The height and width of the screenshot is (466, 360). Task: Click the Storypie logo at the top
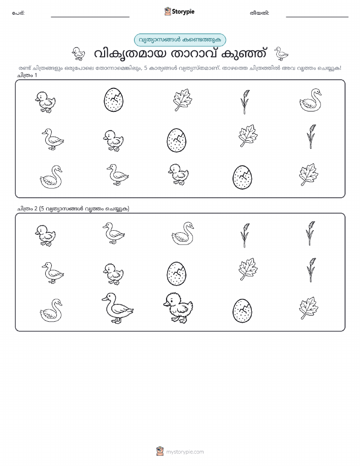point(179,12)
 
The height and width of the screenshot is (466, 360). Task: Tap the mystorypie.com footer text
point(185,452)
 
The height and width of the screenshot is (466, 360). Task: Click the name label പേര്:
point(18,13)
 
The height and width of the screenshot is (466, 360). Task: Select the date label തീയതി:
point(259,13)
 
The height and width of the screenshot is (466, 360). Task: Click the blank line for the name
point(90,17)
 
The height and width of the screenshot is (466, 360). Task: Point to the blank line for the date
point(317,17)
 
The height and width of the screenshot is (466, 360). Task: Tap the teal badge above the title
point(180,40)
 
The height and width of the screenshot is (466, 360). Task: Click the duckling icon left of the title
point(78,54)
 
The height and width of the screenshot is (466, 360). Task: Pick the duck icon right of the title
point(281,54)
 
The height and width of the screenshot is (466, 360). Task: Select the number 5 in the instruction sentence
point(146,68)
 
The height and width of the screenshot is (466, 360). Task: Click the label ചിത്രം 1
point(27,75)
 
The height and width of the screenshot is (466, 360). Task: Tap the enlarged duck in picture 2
point(118,308)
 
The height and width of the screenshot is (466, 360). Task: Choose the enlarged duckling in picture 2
point(178,307)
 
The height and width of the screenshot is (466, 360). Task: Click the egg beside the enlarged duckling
point(242,310)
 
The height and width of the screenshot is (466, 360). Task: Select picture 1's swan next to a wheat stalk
point(310,100)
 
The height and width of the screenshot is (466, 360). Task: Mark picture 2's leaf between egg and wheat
point(248,269)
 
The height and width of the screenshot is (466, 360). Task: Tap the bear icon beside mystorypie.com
point(160,451)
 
